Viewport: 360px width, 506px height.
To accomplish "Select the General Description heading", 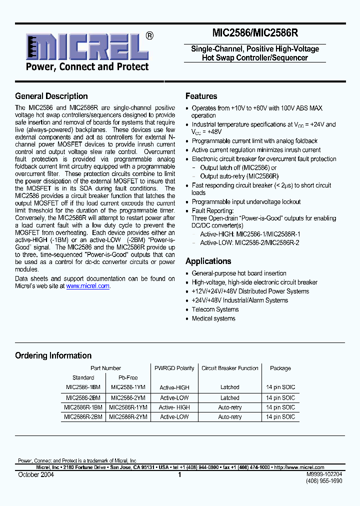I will click(51, 96).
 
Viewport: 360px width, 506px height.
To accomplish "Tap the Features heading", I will click(201, 96).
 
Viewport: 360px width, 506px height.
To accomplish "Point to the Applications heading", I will click(208, 261).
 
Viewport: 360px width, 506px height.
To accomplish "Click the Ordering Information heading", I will click(53, 355).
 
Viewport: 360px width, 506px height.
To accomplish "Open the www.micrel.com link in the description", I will click(87, 286).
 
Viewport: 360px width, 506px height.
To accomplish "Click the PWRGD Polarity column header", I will click(174, 368).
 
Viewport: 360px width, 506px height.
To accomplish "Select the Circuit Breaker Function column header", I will click(230, 368).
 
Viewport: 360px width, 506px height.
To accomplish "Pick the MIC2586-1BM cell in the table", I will click(83, 387).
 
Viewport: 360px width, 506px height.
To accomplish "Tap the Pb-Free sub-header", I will click(128, 377).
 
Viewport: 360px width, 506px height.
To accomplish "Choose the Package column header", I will click(280, 368).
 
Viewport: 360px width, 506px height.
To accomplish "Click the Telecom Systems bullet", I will click(215, 309).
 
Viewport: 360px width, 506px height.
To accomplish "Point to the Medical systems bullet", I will click(213, 318).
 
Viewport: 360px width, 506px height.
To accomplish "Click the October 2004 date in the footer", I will click(34, 474).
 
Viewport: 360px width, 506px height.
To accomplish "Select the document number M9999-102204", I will click(324, 473).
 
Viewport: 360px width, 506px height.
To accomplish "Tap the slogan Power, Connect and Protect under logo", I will click(87, 67).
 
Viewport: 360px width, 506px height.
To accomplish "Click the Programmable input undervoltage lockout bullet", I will click(246, 202).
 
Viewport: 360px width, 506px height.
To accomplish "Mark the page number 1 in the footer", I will click(179, 475).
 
